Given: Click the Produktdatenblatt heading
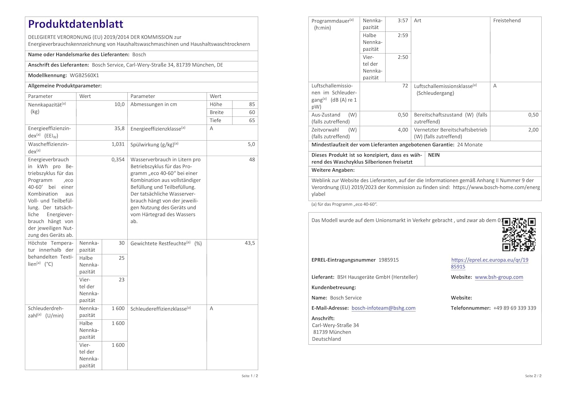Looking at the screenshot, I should [76, 24].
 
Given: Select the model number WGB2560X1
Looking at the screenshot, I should [84, 76].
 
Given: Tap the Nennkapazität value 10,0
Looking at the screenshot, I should [119, 104].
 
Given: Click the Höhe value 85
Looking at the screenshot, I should [252, 104].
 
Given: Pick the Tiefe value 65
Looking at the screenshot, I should [252, 121].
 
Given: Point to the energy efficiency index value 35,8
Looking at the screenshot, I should [119, 129].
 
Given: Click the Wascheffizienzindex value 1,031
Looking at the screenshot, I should [118, 144].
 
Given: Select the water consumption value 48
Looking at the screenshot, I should [252, 160].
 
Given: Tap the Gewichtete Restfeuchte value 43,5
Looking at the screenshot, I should [249, 243].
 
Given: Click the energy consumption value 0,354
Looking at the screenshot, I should [118, 160].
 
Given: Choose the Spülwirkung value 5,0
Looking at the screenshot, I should [251, 144].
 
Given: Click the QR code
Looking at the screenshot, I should [519, 234].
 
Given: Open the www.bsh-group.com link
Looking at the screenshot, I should [499, 277].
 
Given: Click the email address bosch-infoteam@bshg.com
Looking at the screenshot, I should [383, 308].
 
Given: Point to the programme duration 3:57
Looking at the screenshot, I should [403, 21].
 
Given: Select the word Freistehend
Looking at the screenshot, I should [507, 21].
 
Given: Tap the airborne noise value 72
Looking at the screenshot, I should [405, 86].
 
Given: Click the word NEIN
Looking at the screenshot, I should [434, 155].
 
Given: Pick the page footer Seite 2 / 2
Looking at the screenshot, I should [533, 376].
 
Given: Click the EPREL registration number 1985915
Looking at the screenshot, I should [389, 260].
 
